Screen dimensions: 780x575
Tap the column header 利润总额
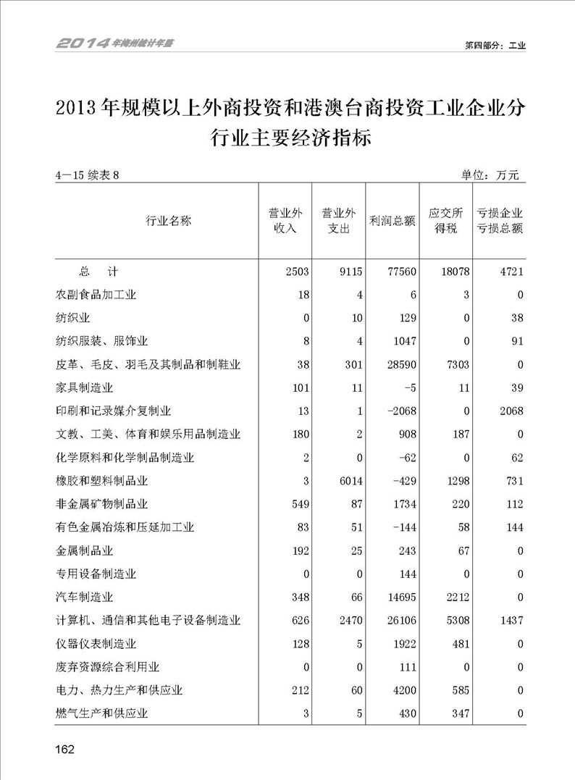coord(392,221)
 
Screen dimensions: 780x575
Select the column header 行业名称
coord(169,221)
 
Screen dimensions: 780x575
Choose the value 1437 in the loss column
coord(510,621)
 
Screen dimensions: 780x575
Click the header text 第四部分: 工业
coord(495,45)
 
